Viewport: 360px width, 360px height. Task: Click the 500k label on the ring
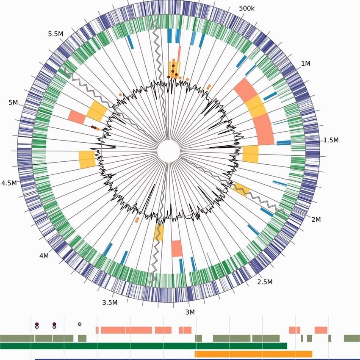pyautogui.click(x=247, y=8)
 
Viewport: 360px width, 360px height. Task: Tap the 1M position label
pyautogui.click(x=306, y=63)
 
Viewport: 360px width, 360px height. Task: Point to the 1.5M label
pyautogui.click(x=331, y=140)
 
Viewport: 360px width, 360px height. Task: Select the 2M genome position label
pyautogui.click(x=316, y=219)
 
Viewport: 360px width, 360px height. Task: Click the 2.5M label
pyautogui.click(x=265, y=282)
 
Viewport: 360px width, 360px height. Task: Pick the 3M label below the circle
pyautogui.click(x=190, y=312)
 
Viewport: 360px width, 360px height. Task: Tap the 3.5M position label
pyautogui.click(x=110, y=303)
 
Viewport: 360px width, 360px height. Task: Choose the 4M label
pyautogui.click(x=44, y=256)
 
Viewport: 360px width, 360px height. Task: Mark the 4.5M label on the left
pyautogui.click(x=9, y=183)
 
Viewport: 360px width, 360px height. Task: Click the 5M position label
pyautogui.click(x=13, y=103)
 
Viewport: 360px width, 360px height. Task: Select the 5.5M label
pyautogui.click(x=56, y=34)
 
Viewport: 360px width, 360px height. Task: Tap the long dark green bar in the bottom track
pyautogui.click(x=143, y=346)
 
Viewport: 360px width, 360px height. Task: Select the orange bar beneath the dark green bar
pyautogui.click(x=253, y=354)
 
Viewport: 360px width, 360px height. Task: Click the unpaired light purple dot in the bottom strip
pyautogui.click(x=79, y=324)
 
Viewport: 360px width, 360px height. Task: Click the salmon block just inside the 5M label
pyautogui.click(x=77, y=116)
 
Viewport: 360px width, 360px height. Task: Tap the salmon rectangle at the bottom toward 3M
pyautogui.click(x=177, y=248)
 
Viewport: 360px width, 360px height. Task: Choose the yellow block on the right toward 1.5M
pyautogui.click(x=250, y=154)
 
